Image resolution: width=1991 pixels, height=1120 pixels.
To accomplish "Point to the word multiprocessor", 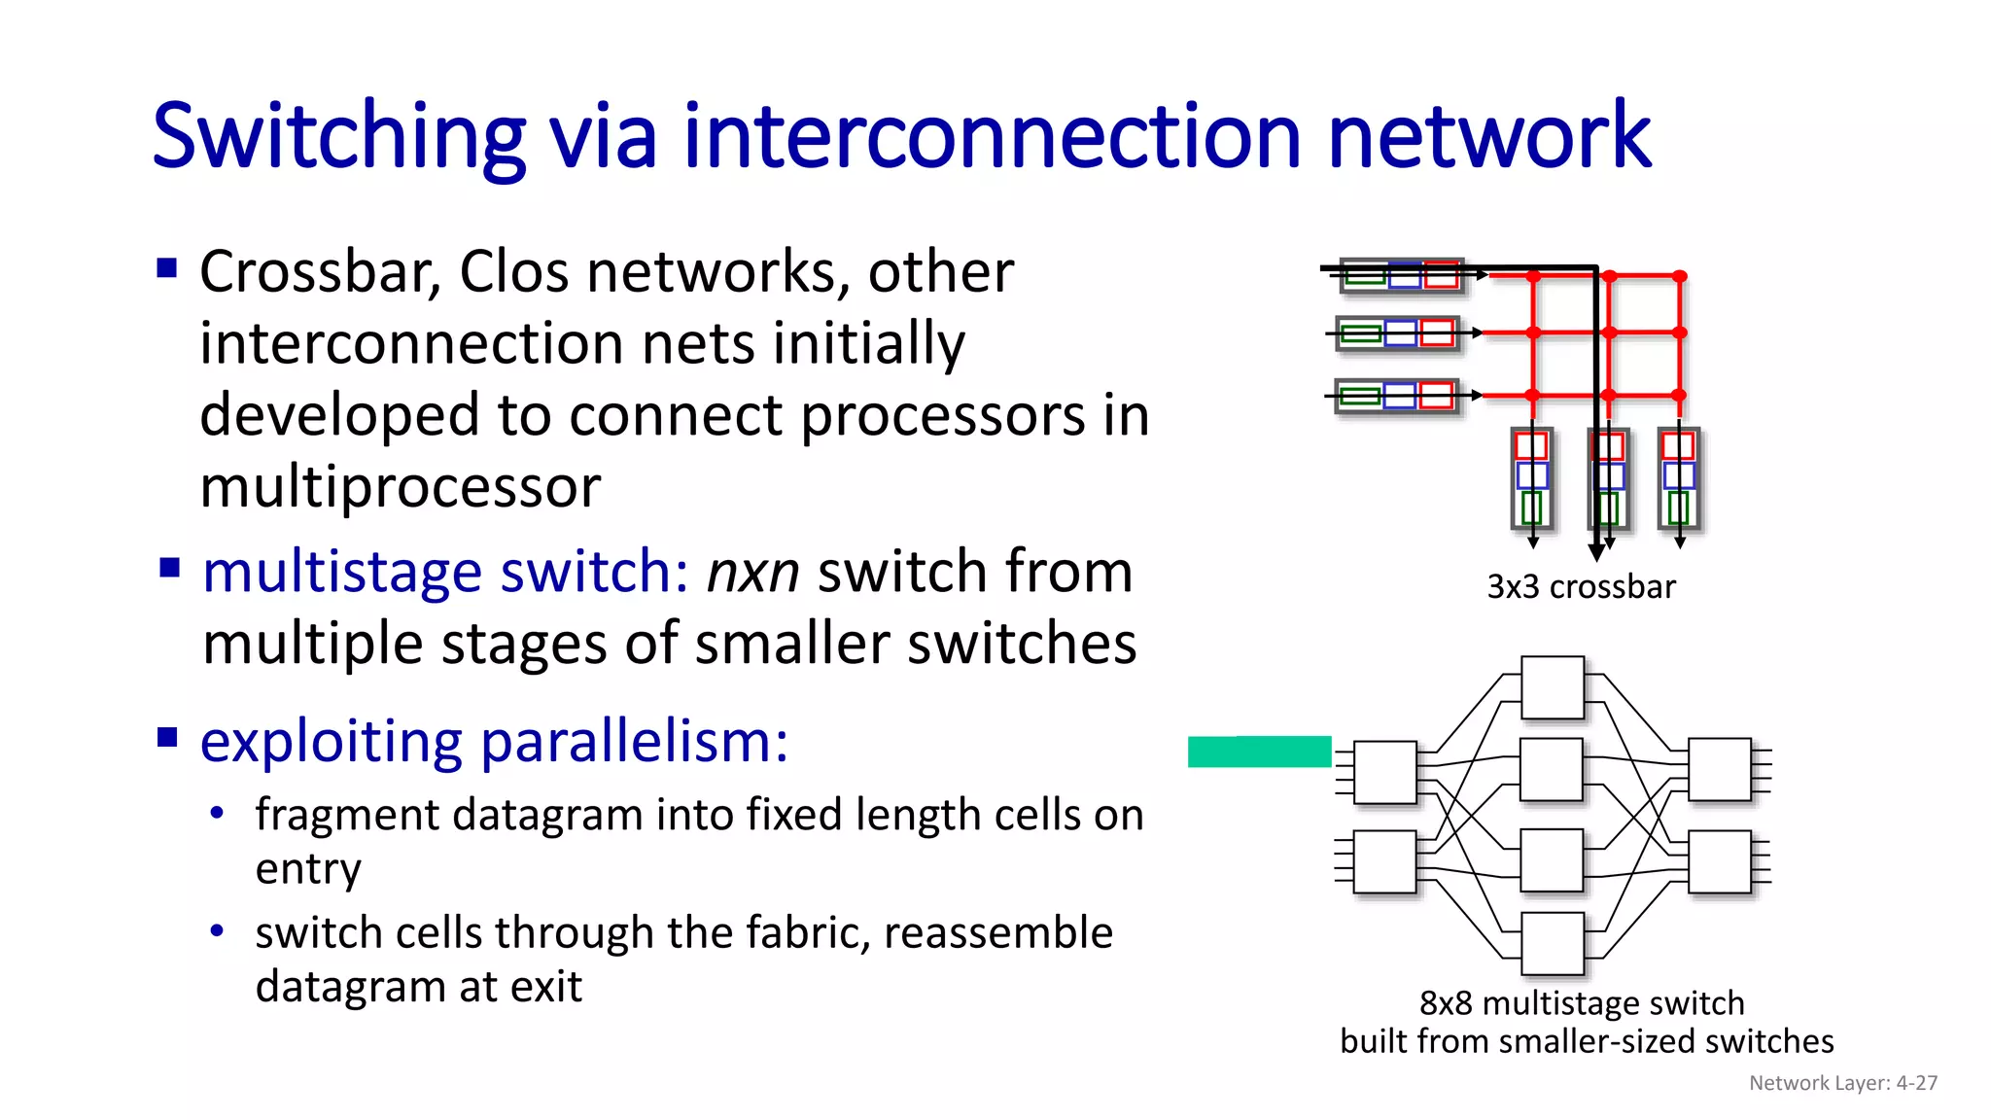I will click(x=400, y=486).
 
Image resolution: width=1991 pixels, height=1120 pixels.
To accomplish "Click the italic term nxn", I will click(x=752, y=572).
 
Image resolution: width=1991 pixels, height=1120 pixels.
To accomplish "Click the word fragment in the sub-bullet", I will click(x=346, y=815).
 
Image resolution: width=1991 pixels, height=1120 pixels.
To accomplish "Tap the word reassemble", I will click(x=997, y=933).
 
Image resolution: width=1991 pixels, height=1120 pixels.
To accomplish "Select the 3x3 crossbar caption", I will click(x=1581, y=587).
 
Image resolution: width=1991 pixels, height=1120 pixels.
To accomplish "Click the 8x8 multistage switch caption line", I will click(x=1581, y=1002).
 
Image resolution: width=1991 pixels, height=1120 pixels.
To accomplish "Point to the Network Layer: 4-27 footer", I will click(x=1842, y=1083).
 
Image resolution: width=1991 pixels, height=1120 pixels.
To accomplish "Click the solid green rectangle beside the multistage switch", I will click(x=1259, y=752).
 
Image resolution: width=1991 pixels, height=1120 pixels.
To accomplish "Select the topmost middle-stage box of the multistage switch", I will click(x=1553, y=687).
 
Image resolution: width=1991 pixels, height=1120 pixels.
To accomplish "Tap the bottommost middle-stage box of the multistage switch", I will click(x=1553, y=944).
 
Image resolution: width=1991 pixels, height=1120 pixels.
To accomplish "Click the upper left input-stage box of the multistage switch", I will click(x=1384, y=773).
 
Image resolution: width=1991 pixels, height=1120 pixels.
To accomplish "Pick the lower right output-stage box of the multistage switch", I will click(x=1720, y=861).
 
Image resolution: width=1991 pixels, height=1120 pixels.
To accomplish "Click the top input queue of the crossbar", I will click(x=1401, y=276).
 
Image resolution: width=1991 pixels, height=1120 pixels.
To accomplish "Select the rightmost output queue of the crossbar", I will click(x=1679, y=478).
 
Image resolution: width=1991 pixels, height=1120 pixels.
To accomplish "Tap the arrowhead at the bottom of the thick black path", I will click(x=1596, y=553).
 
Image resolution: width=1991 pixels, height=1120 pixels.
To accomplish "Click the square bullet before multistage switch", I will click(x=169, y=567).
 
